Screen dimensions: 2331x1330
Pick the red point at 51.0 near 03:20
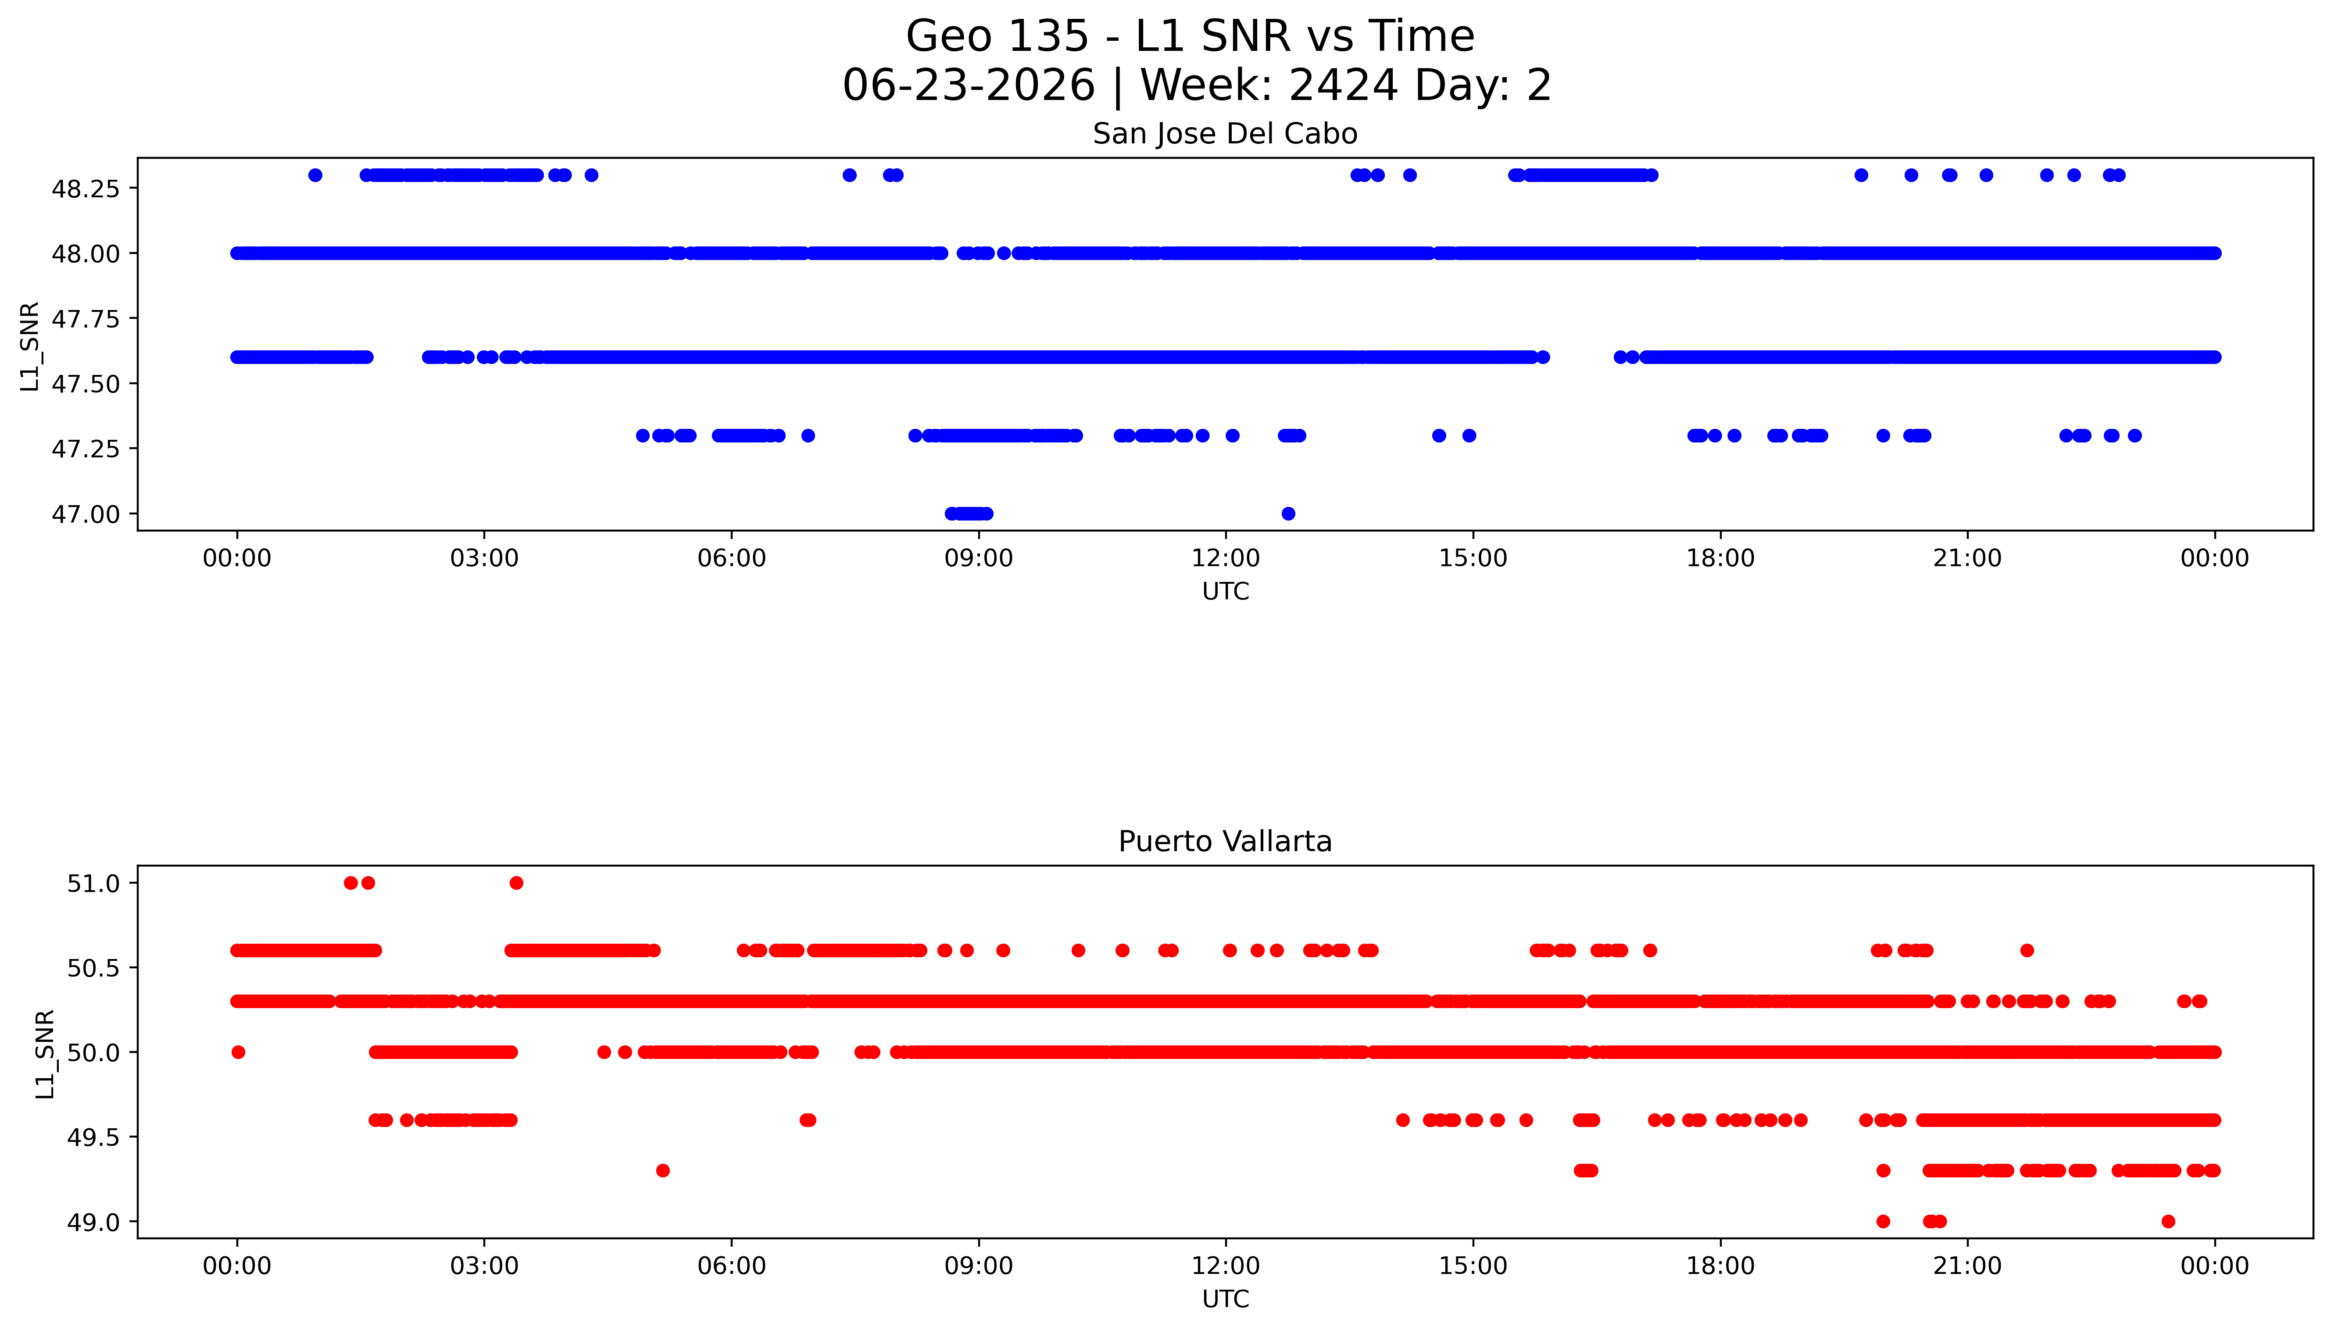[516, 882]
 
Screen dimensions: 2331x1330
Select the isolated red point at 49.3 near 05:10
[663, 1170]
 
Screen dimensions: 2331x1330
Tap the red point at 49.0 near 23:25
[2168, 1221]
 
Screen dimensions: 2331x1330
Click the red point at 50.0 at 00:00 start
[239, 1052]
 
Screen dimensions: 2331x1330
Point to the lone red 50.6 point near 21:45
[2027, 950]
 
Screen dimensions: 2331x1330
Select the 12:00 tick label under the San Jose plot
[1225, 558]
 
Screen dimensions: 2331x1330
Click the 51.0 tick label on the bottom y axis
[93, 883]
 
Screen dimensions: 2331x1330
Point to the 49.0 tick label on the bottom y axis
[93, 1222]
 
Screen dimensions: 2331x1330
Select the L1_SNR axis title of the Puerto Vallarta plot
[45, 1053]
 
